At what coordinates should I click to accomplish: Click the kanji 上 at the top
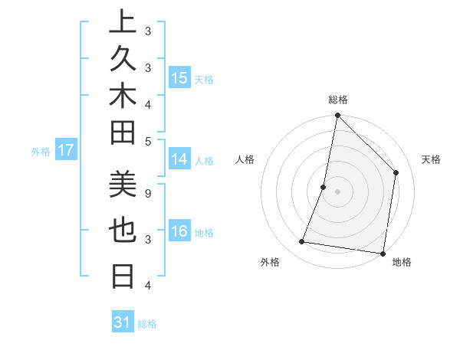click(123, 23)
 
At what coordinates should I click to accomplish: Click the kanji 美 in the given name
click(123, 184)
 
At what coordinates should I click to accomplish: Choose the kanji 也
click(123, 230)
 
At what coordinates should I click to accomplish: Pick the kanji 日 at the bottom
click(123, 274)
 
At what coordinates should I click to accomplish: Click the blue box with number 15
click(179, 78)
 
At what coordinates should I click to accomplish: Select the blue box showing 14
click(179, 159)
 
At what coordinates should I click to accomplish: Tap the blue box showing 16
click(179, 231)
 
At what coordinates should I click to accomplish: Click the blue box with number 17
click(66, 150)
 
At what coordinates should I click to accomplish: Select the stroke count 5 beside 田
click(147, 141)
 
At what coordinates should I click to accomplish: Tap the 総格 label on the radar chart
click(338, 100)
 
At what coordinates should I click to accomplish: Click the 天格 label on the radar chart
click(432, 159)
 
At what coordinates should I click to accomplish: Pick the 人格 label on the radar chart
click(245, 159)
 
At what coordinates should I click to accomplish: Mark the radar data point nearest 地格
click(382, 253)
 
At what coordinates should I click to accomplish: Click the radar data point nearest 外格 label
click(301, 242)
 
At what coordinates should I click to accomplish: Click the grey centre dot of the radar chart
click(337, 191)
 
